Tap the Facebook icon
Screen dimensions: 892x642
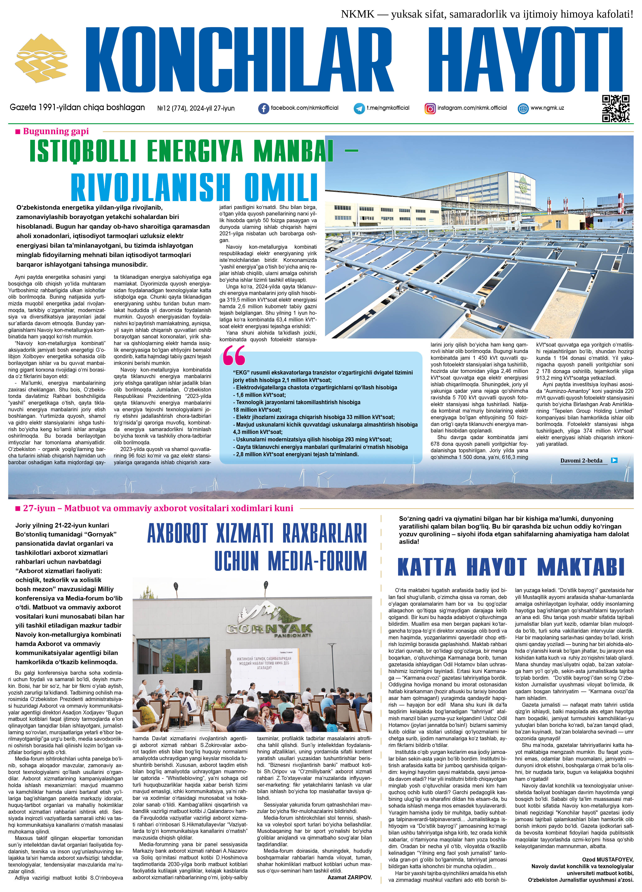263,108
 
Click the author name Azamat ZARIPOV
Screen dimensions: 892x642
349,877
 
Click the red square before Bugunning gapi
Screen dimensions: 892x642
18,132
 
